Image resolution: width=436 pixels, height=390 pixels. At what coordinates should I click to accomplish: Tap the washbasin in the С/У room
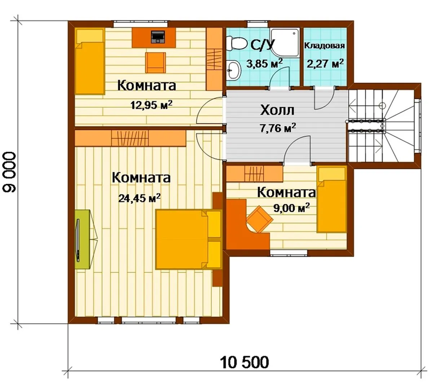[x=233, y=70]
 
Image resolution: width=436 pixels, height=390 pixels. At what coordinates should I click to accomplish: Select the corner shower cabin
[x=285, y=42]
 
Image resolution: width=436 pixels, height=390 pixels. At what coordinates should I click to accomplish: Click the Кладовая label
[x=325, y=45]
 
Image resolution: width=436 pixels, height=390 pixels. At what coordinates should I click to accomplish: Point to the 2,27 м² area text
[x=325, y=63]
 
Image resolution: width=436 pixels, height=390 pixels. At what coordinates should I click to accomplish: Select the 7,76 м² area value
[x=278, y=128]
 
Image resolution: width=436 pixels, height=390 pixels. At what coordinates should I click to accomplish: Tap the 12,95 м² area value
[x=151, y=105]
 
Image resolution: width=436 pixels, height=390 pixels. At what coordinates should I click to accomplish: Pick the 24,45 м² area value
[x=140, y=198]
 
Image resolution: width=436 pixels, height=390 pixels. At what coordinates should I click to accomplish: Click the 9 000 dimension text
[x=10, y=172]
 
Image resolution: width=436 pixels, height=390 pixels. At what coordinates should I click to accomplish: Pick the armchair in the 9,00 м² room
[x=260, y=219]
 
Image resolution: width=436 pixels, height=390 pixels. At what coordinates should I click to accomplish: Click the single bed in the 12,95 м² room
[x=90, y=61]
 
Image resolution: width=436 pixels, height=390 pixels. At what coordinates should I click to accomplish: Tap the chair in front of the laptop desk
[x=155, y=62]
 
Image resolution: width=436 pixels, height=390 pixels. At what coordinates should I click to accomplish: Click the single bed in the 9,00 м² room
[x=332, y=199]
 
